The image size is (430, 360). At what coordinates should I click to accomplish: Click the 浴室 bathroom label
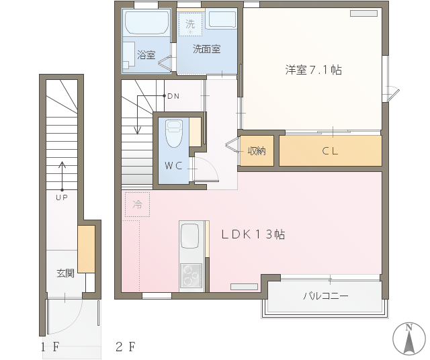point(146,55)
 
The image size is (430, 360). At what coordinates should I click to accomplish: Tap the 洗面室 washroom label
point(206,49)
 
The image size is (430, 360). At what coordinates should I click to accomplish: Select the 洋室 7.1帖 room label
point(314,70)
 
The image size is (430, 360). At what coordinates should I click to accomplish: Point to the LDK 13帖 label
point(253,234)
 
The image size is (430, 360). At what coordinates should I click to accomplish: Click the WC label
point(173,165)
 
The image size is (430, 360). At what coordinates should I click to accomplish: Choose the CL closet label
point(330,151)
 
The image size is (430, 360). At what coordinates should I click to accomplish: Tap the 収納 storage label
point(257,151)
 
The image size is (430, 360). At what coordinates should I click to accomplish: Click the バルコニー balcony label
point(326,296)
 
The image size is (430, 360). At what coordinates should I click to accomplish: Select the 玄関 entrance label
point(65,273)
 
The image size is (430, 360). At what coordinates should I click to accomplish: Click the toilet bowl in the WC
point(174,134)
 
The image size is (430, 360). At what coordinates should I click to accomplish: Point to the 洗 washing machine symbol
point(190,24)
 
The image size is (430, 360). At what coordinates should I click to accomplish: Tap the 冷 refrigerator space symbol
point(137,204)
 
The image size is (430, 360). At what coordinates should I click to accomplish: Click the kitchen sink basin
point(189,236)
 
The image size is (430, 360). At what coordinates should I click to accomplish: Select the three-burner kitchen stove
point(191,275)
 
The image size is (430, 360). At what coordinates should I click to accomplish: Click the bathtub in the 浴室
point(147,23)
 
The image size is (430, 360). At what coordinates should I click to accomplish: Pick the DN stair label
point(173,96)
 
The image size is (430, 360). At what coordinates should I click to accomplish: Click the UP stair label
point(62,197)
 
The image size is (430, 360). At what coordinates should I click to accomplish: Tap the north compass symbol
point(409,339)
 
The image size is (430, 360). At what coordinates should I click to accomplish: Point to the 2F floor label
point(126,347)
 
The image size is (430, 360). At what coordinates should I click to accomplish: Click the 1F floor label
point(50,347)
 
